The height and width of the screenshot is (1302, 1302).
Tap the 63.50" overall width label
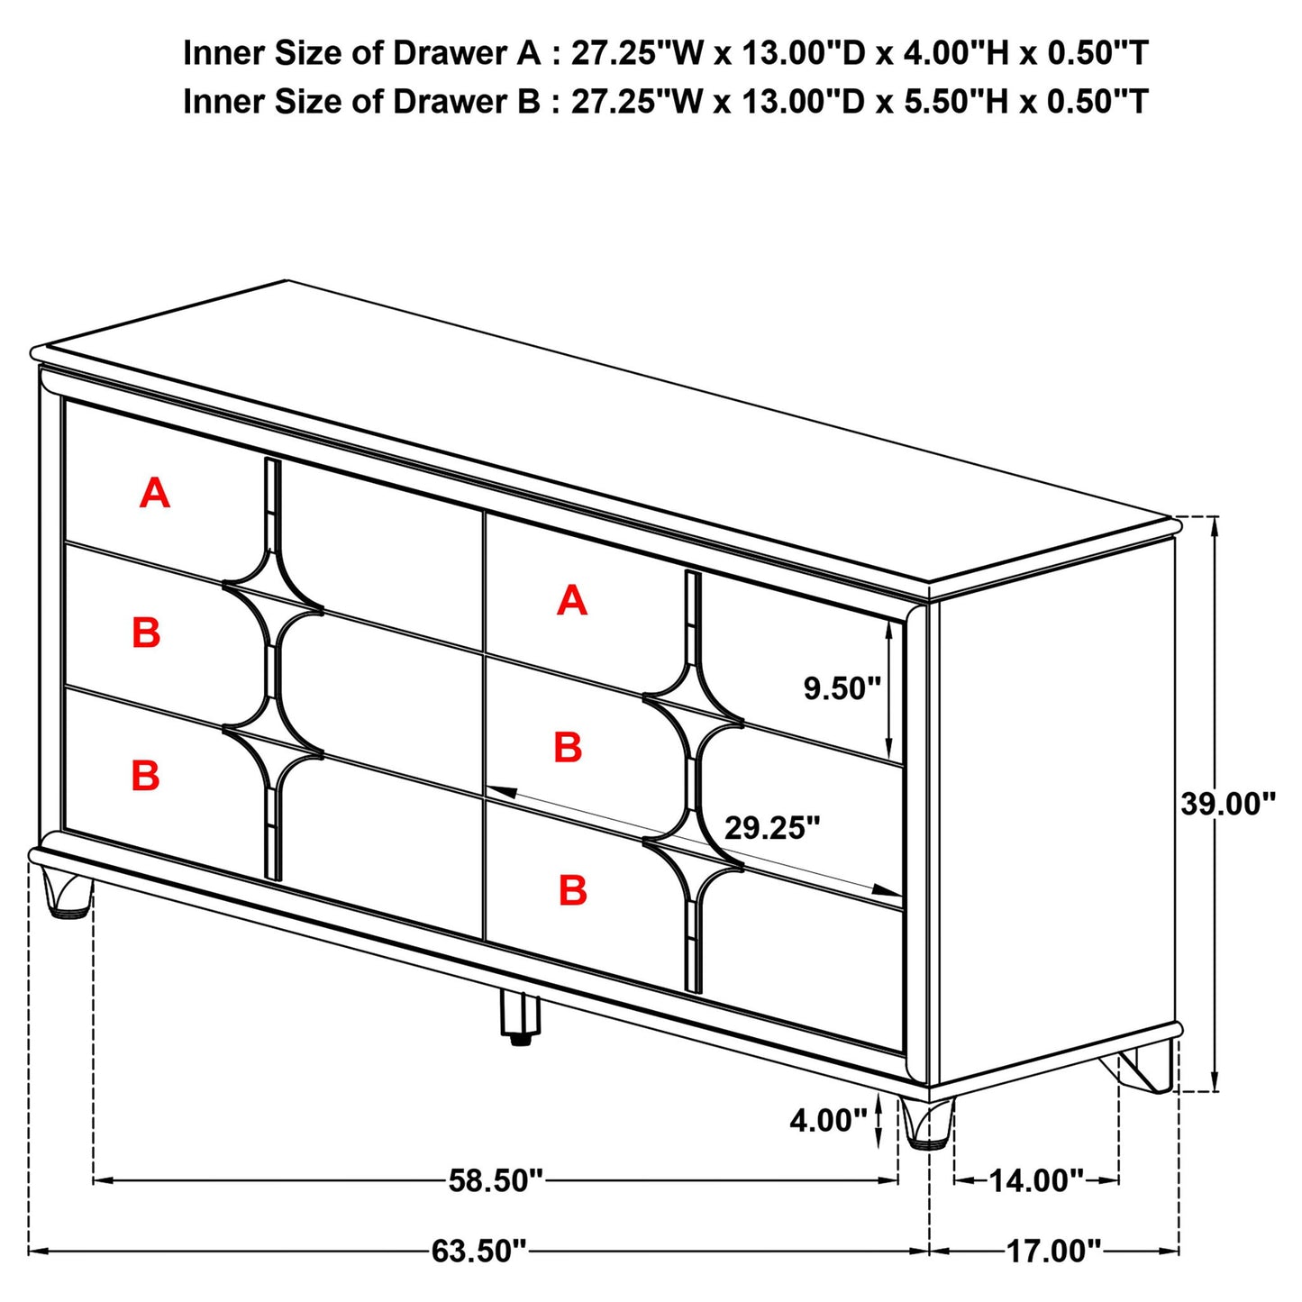[x=478, y=1251]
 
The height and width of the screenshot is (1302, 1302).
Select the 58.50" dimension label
[x=496, y=1179]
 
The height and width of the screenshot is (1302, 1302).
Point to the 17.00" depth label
[x=1053, y=1251]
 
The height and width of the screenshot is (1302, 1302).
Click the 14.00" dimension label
[x=1036, y=1179]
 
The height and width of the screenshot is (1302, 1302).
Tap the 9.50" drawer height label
[x=842, y=689]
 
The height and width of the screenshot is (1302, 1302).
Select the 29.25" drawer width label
[x=772, y=828]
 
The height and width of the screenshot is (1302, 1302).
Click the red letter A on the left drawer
[x=155, y=494]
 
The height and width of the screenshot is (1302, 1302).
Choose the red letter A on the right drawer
[x=572, y=600]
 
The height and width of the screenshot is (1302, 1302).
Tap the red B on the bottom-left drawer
[x=146, y=776]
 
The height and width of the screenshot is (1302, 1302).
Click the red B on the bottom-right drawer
[x=573, y=890]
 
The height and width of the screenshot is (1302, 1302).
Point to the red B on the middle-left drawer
[x=146, y=633]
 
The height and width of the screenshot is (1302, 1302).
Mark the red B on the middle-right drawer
[x=568, y=748]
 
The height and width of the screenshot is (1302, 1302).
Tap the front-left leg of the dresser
[x=66, y=893]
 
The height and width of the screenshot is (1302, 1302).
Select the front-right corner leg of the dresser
[x=927, y=1124]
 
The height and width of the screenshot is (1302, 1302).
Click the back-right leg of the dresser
[x=1148, y=1068]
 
